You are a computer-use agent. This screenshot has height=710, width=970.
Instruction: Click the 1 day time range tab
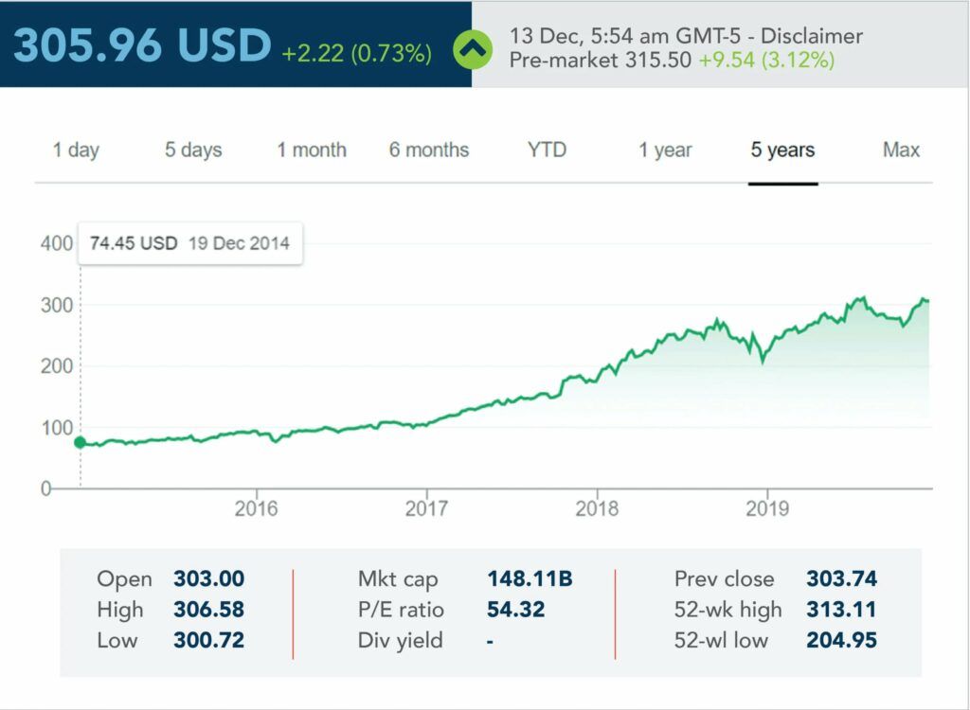click(76, 150)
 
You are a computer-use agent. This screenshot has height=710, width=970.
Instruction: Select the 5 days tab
click(193, 150)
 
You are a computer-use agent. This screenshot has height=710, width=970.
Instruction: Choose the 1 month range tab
click(312, 150)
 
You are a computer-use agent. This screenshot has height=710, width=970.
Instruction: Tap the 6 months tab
click(429, 150)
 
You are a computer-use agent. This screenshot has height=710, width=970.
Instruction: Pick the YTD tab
click(548, 150)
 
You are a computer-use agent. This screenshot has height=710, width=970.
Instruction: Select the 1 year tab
click(665, 150)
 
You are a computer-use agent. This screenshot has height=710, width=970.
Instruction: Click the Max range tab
click(901, 150)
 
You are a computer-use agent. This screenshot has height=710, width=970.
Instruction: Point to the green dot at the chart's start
click(80, 442)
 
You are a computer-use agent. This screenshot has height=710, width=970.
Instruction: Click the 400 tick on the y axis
click(57, 243)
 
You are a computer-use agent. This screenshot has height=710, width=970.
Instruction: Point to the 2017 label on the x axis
click(426, 508)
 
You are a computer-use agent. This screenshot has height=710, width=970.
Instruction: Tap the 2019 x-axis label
click(767, 508)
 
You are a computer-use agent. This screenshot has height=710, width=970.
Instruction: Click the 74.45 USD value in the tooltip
click(134, 243)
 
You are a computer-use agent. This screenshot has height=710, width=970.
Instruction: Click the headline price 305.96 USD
click(142, 45)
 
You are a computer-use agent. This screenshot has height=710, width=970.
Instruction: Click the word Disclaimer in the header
click(812, 36)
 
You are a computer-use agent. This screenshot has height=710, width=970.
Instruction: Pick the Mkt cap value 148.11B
click(530, 578)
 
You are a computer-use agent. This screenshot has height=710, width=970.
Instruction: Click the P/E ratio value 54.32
click(516, 610)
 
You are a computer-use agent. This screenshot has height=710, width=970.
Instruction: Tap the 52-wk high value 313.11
click(841, 610)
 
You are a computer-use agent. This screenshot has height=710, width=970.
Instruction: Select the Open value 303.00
click(208, 578)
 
